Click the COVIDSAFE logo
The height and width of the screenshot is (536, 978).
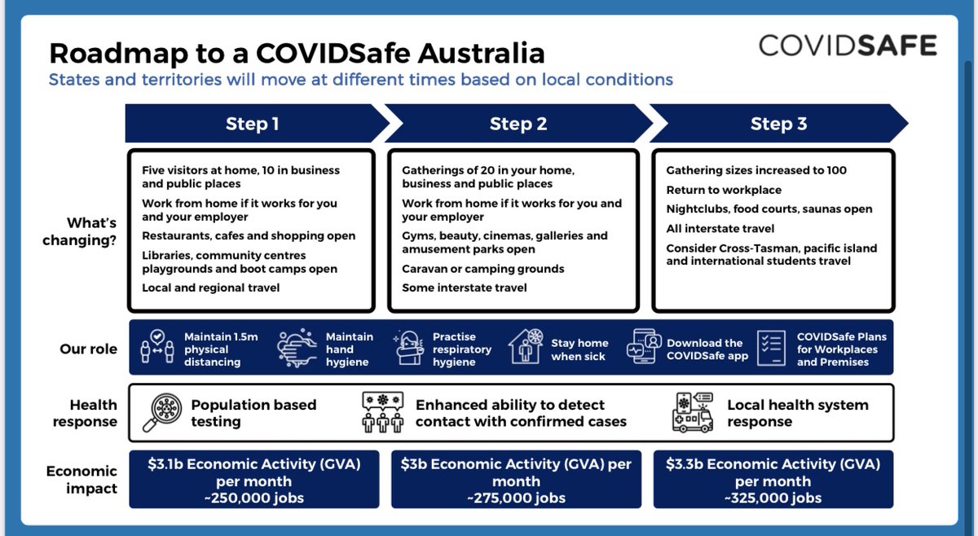point(848,45)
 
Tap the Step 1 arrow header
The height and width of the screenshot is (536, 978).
point(253,124)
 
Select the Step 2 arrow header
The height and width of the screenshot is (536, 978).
point(518,124)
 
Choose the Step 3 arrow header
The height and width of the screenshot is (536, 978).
point(778,124)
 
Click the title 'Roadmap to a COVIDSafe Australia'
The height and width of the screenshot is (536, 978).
point(297,54)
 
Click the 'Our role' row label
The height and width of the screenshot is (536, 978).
point(88,349)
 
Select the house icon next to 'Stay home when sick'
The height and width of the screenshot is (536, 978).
point(526,347)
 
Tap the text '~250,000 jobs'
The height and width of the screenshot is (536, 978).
point(254,498)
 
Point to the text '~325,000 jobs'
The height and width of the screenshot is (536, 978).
point(773,498)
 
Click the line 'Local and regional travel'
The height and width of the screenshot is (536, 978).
point(210,288)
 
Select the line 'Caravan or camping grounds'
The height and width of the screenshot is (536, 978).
point(482,269)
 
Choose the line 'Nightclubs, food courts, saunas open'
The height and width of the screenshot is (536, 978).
point(769,209)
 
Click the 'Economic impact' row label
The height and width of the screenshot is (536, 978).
point(81,480)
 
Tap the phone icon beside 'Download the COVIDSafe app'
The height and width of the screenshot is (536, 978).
point(644,349)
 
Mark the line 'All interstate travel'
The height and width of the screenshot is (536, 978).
point(720,229)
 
